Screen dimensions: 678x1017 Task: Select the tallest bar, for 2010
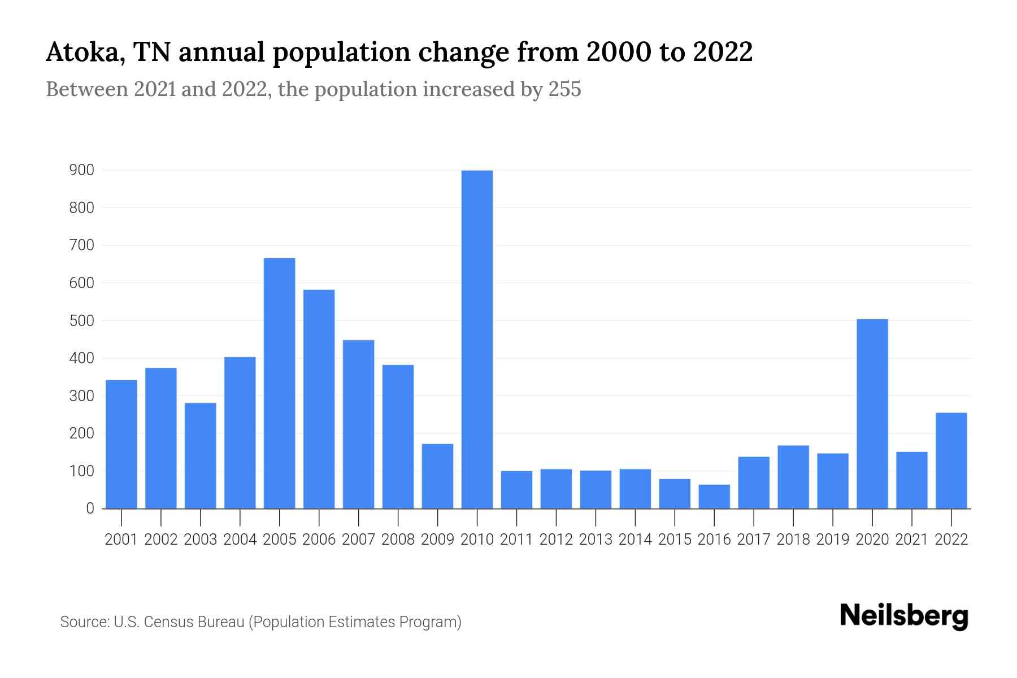(x=477, y=339)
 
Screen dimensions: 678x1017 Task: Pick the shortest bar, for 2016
(x=714, y=497)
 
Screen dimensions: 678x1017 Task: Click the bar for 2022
(x=951, y=460)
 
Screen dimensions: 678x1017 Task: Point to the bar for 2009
(x=437, y=476)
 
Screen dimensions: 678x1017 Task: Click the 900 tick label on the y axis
(x=81, y=170)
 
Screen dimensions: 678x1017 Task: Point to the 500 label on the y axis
(x=81, y=320)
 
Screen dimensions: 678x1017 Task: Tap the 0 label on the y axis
(x=90, y=508)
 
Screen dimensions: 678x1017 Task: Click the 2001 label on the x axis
(x=121, y=540)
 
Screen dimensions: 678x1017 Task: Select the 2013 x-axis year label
(x=596, y=540)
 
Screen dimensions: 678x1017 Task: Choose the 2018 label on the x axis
(x=793, y=540)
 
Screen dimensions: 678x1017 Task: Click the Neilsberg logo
(x=904, y=616)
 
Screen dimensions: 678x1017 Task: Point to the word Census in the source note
(x=169, y=622)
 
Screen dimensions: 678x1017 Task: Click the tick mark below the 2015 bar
(x=675, y=516)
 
